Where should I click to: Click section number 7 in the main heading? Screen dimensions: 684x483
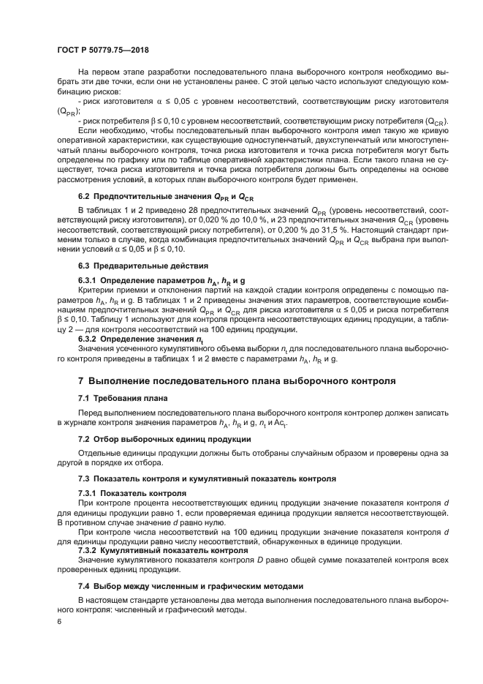click(82, 381)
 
